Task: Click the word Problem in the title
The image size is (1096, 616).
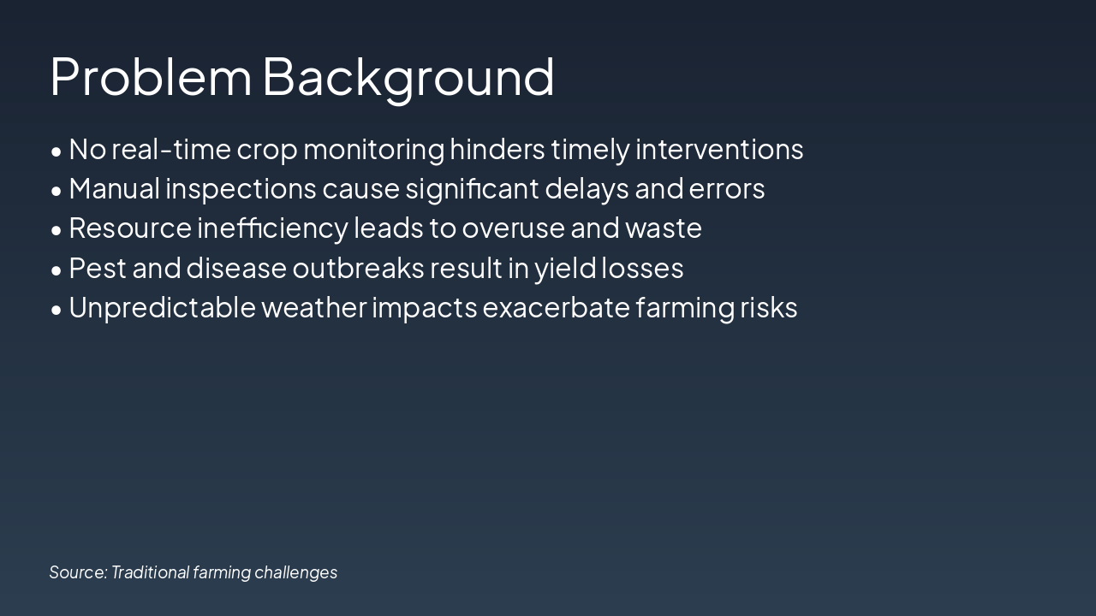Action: pos(151,76)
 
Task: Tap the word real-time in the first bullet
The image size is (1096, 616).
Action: pos(171,149)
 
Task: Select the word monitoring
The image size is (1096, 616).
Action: pos(374,151)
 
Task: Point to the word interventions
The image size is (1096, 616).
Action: pos(719,149)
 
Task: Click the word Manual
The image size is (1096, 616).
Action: pos(115,189)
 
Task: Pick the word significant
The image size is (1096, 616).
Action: pos(472,190)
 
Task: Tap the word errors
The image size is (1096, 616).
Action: pos(727,190)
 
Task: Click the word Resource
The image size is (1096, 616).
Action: pos(130,228)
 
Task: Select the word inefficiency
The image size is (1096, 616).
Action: pos(272,229)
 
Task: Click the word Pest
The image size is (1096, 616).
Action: pos(98,269)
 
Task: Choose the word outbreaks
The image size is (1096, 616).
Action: pos(358,268)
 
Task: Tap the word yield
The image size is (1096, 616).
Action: pos(564,269)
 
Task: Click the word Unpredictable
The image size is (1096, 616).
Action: pos(162,308)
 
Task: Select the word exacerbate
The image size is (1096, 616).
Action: pos(556,308)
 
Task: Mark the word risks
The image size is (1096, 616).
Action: pos(768,307)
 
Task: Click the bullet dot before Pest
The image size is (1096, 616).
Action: pos(57,270)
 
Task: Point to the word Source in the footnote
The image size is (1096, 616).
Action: pos(78,572)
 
